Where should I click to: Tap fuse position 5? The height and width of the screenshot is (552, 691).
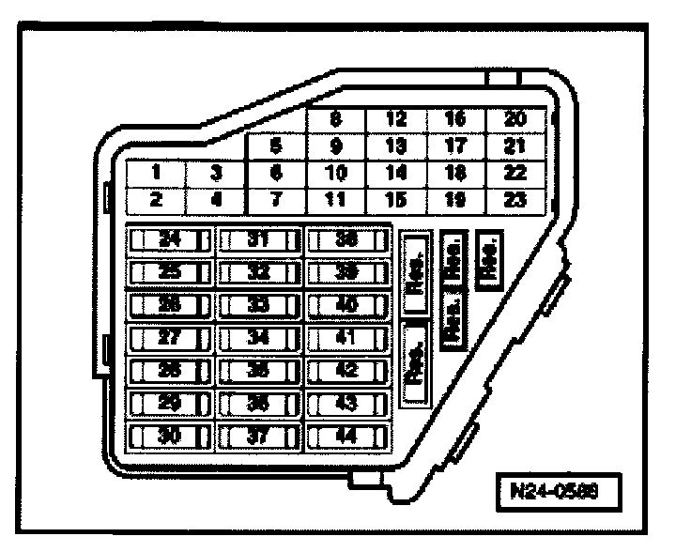point(275,146)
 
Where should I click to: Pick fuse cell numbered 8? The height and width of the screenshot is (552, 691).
point(335,120)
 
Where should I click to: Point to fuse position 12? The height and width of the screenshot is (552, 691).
point(395,120)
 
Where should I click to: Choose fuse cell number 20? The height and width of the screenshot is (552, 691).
point(513,120)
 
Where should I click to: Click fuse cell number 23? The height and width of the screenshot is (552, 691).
point(513,199)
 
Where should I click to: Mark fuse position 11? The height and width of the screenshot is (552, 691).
point(335,199)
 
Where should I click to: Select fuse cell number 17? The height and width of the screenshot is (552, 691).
point(454,146)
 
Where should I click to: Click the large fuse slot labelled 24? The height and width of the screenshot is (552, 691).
point(169,239)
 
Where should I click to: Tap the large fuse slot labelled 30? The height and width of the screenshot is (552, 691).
point(169,437)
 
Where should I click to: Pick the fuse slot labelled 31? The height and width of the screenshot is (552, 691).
point(258,239)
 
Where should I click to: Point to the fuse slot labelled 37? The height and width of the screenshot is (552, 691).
point(258,437)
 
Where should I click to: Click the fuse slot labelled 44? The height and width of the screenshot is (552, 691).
point(347,437)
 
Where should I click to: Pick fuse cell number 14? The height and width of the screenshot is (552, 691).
point(395,173)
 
